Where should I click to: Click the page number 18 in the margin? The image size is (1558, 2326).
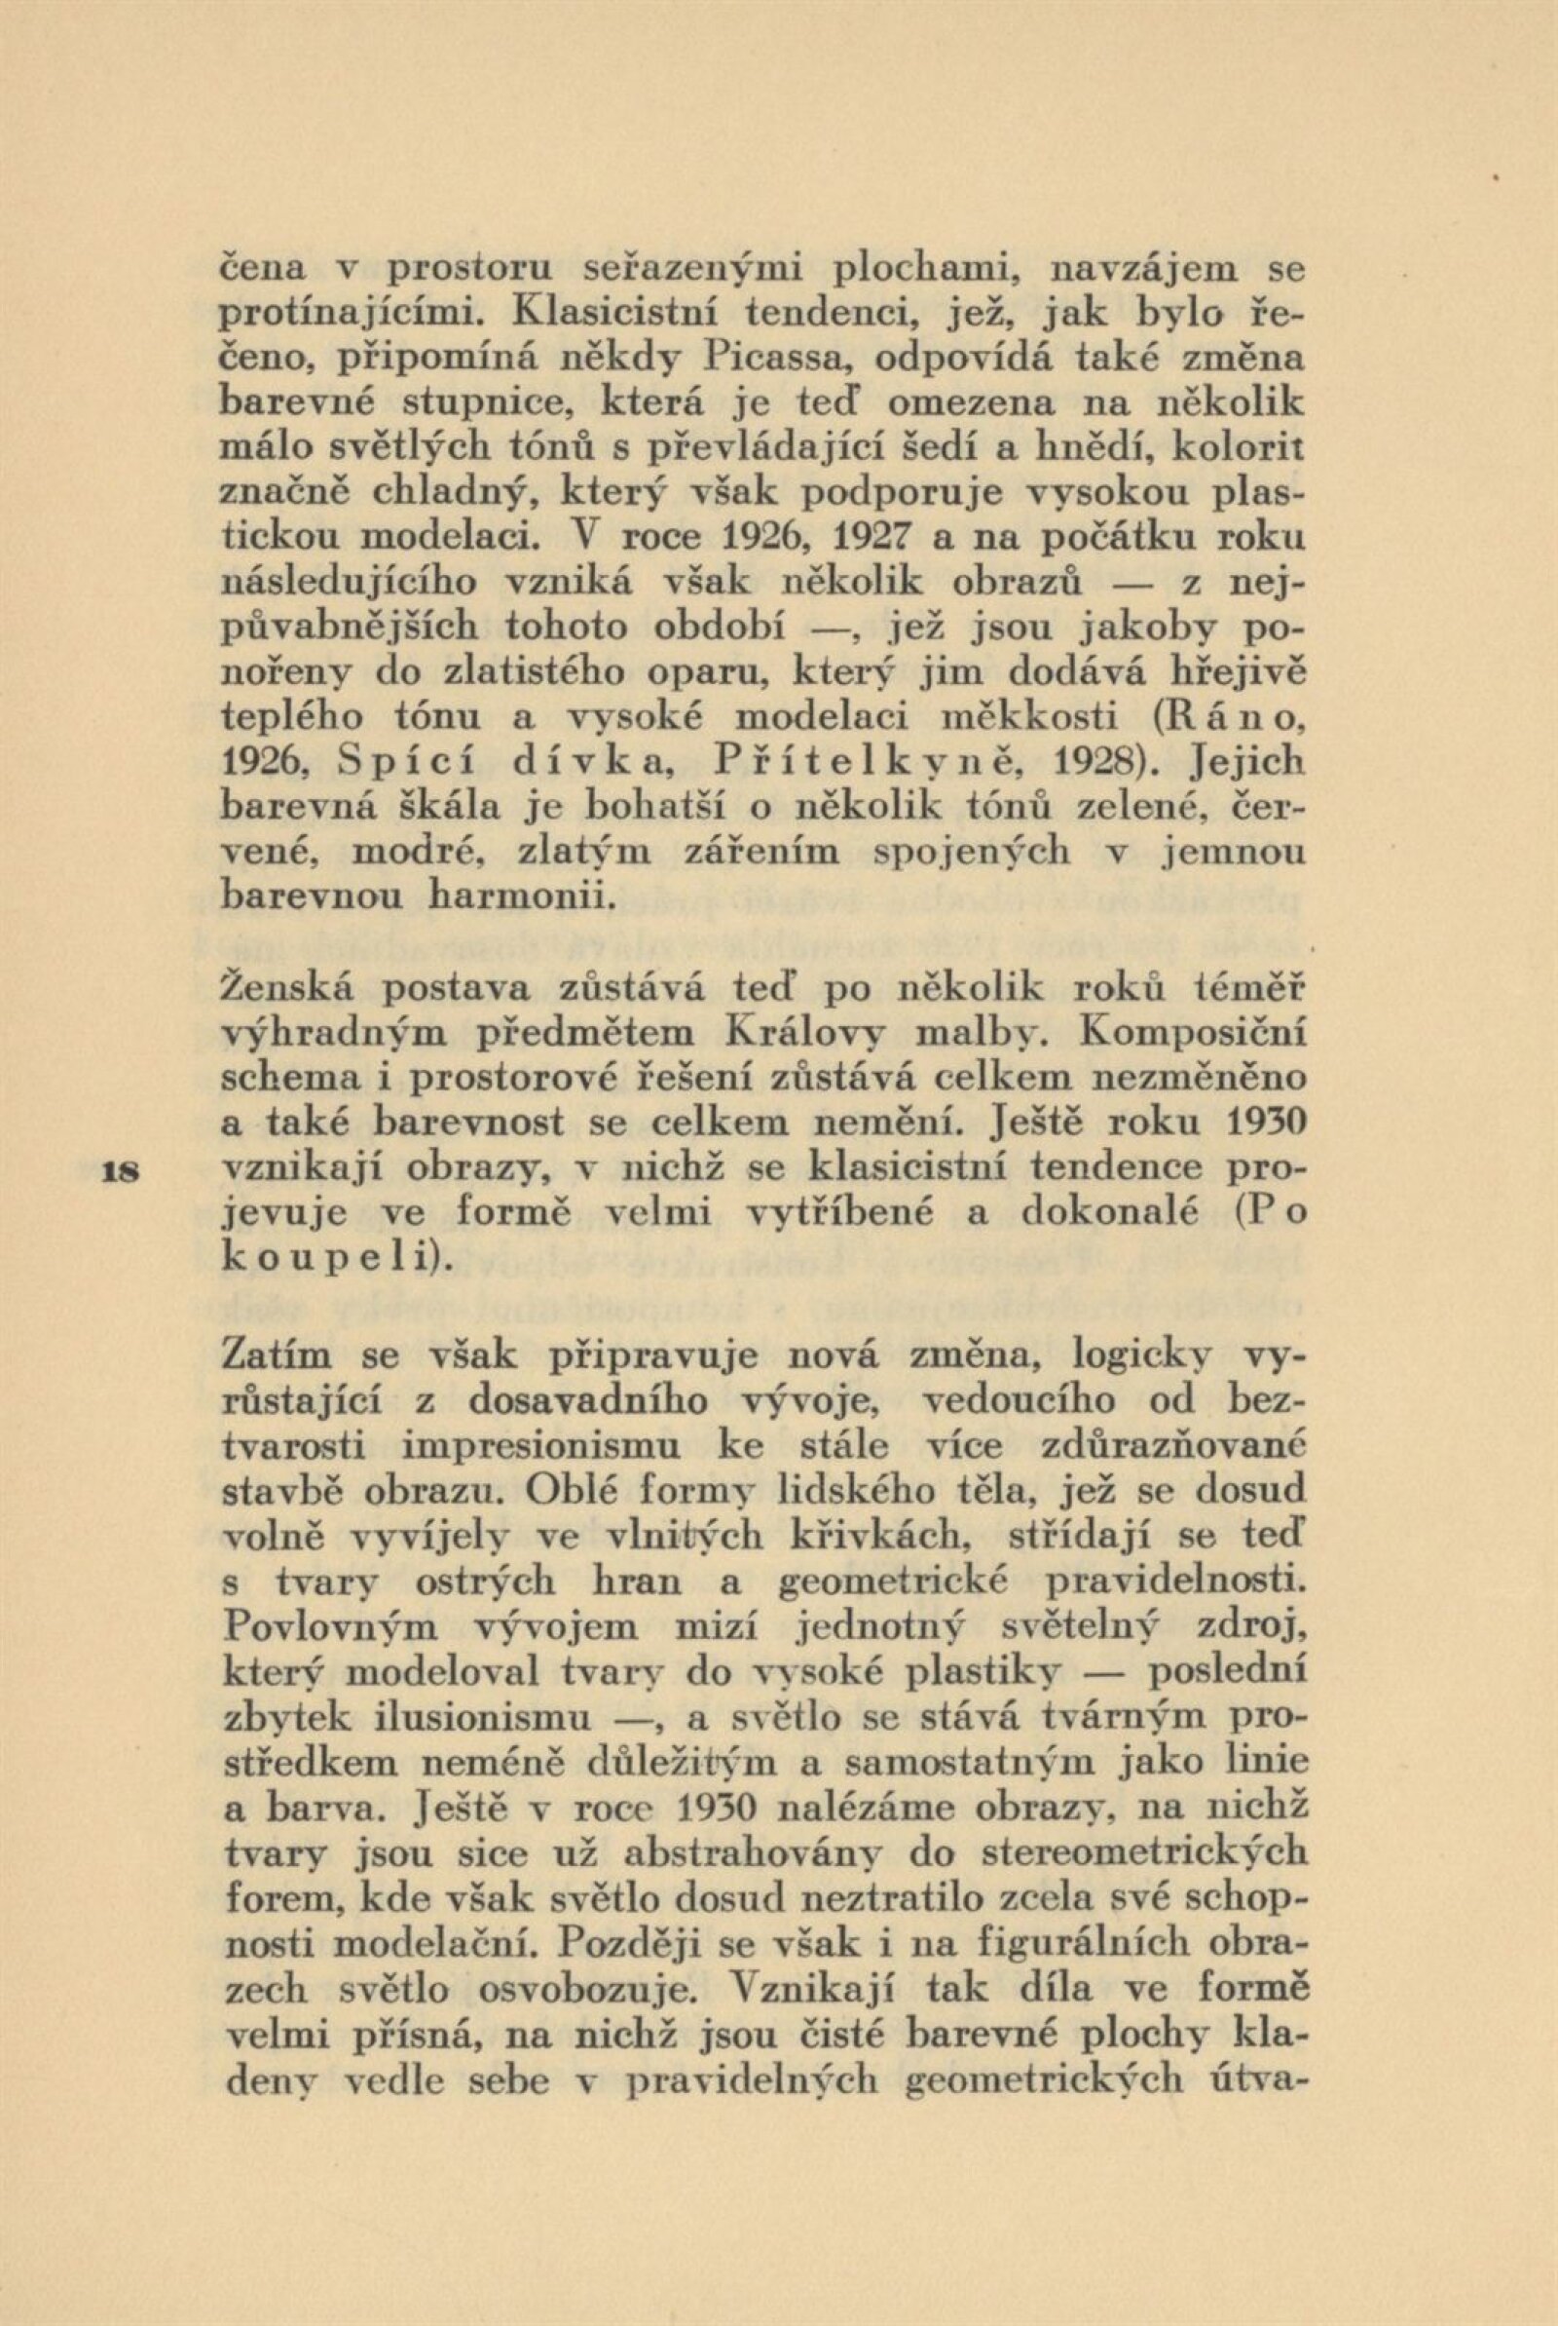124,1170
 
